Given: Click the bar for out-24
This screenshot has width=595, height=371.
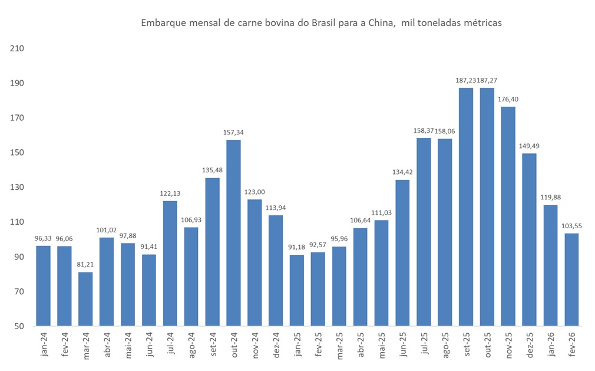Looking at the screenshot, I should coord(233,232).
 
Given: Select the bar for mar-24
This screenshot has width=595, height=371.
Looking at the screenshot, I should coord(85,298).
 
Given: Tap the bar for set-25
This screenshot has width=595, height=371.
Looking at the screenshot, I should coord(466,206).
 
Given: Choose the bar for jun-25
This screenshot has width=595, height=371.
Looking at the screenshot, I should coord(402,252).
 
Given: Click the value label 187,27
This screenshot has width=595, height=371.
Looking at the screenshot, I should coord(487,80).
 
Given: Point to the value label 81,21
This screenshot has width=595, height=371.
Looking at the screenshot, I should coord(85,264).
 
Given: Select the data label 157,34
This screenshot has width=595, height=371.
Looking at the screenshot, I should coord(233,132).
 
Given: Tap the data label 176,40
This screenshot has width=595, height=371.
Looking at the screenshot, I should coord(508,99).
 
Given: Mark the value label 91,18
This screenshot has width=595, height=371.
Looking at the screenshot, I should coord(297,247).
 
